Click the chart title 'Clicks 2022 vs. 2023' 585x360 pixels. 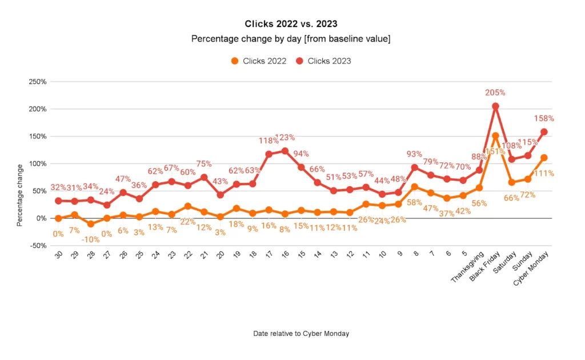(x=291, y=24)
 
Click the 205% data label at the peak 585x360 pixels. (x=495, y=93)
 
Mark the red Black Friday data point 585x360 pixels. (x=495, y=106)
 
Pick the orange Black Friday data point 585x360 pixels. (x=495, y=136)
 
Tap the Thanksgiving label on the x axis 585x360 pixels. (x=467, y=267)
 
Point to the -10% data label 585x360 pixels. (x=90, y=239)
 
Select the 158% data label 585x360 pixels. (x=544, y=119)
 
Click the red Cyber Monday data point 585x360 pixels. (x=544, y=131)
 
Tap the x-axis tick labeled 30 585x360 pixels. (x=58, y=255)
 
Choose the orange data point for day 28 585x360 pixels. (x=90, y=224)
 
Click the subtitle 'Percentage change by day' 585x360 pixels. (x=291, y=39)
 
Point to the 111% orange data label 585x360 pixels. (x=543, y=173)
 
